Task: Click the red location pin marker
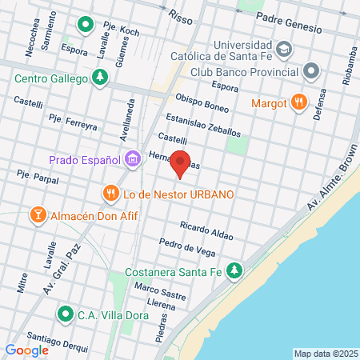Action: point(181,163)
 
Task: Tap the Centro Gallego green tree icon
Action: point(100,78)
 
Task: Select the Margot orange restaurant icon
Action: point(298,102)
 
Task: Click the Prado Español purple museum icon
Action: point(132,160)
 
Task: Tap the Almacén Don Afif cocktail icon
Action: point(37,215)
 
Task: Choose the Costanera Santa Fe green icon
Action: point(234,270)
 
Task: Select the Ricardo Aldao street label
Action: point(206,231)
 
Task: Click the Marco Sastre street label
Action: point(160,291)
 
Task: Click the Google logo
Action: point(27,350)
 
